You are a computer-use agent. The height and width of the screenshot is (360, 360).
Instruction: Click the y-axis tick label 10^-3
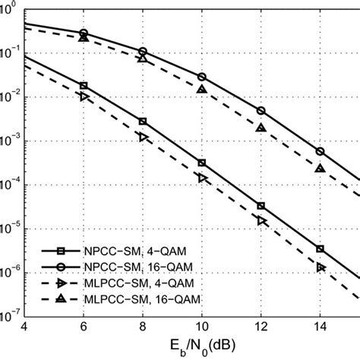tap(11, 141)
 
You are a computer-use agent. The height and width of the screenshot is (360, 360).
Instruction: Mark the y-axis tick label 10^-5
tap(11, 229)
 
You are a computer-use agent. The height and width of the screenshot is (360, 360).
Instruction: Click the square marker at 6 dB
tap(84, 86)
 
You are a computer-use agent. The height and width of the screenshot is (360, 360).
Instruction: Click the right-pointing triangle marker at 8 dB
tap(143, 137)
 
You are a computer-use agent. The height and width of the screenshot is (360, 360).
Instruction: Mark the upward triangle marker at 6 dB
tap(84, 37)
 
